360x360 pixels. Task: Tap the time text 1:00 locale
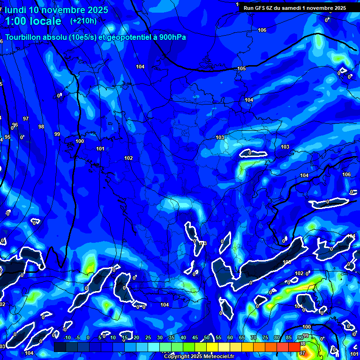pyautogui.click(x=33, y=21)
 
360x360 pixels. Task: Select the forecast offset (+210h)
pyautogui.click(x=83, y=21)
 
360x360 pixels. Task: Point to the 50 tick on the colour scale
pyautogui.click(x=207, y=337)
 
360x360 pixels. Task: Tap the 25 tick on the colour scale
pyautogui.click(x=148, y=337)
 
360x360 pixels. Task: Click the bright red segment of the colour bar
pyautogui.click(x=294, y=346)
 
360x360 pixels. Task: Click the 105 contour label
pyautogui.click(x=241, y=68)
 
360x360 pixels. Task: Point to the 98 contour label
pyautogui.click(x=41, y=127)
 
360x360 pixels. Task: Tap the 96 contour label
pyautogui.click(x=15, y=125)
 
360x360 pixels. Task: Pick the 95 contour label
pyautogui.click(x=7, y=137)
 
